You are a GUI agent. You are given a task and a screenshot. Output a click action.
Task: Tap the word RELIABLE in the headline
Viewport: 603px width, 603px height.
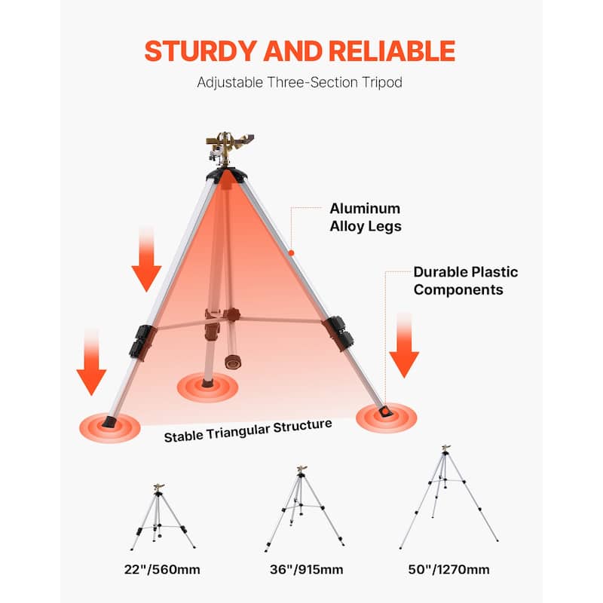pos(392,51)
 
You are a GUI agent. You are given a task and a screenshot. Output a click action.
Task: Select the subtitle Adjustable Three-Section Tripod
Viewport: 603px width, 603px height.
pos(299,82)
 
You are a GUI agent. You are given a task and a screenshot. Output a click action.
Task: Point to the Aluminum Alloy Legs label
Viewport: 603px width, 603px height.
pos(365,217)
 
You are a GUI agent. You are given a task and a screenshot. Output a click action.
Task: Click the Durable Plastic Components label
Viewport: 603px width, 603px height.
pos(465,280)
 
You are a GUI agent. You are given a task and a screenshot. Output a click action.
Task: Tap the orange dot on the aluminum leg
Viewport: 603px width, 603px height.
pos(291,253)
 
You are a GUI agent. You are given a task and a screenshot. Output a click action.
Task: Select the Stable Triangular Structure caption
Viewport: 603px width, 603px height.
pos(248,430)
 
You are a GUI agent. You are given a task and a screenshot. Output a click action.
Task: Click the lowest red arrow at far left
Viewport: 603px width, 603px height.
pos(92,363)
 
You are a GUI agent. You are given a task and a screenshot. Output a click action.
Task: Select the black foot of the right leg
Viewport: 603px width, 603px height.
pos(385,409)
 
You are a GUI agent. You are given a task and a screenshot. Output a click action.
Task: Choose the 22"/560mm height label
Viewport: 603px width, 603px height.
pos(163,569)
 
